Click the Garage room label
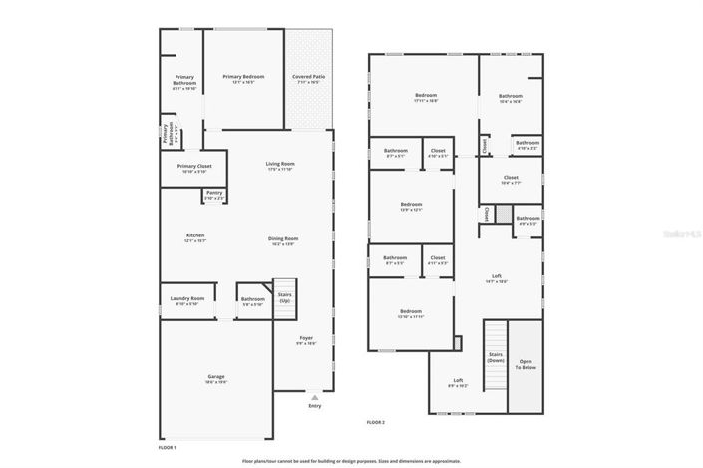point(216,378)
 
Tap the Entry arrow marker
point(315,397)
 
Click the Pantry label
point(214,195)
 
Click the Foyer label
point(306,340)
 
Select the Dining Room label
point(283,240)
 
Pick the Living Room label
point(280,166)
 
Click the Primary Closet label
point(194,168)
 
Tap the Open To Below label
point(525,364)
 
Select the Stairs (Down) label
point(496,356)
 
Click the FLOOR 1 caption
point(168,447)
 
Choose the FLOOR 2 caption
point(376,423)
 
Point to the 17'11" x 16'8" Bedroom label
point(426,98)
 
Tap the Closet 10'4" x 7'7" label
point(511,180)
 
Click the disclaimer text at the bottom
point(351,461)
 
